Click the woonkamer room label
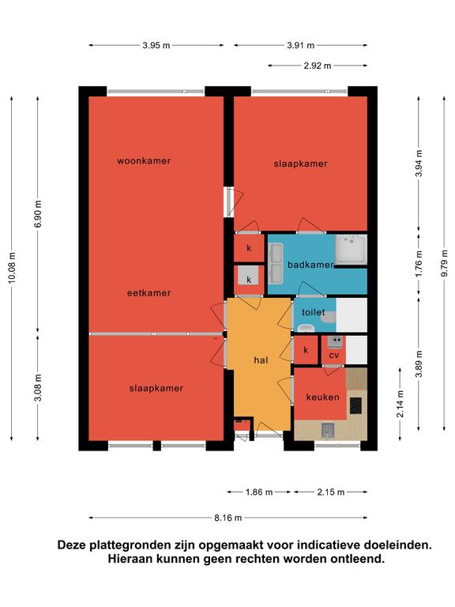point(144,160)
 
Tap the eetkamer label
point(149,293)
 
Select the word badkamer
point(310,265)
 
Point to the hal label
point(261,360)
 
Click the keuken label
point(322,397)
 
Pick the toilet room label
point(314,312)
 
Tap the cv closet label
point(334,355)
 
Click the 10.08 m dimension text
point(12,268)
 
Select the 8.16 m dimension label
point(227,518)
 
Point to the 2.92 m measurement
point(318,66)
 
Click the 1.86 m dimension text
point(259,492)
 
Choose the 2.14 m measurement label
point(400,404)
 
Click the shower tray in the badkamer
point(352,250)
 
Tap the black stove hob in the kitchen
point(355,405)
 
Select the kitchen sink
point(328,431)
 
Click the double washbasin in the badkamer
point(276,262)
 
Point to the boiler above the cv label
point(335,341)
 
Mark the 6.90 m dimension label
point(38,213)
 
